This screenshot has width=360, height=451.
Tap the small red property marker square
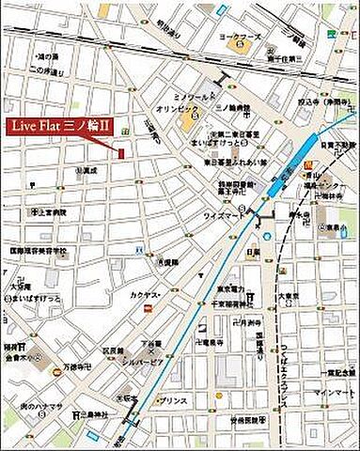click(x=120, y=152)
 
